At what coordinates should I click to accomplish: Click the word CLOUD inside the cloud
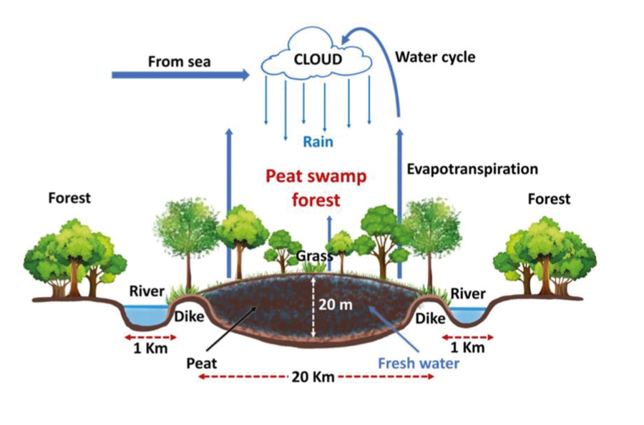coord(318,59)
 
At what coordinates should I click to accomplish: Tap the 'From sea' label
coord(180,62)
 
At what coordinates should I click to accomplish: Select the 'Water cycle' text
coord(435,57)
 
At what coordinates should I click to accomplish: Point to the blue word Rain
coord(318,142)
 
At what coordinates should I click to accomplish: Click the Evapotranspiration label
coord(472,169)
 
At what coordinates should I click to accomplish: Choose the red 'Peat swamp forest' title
coord(316,187)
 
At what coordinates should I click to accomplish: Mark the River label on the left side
coord(147,291)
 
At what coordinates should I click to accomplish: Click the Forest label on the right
coord(549,199)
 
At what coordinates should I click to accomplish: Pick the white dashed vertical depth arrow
coord(313,308)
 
